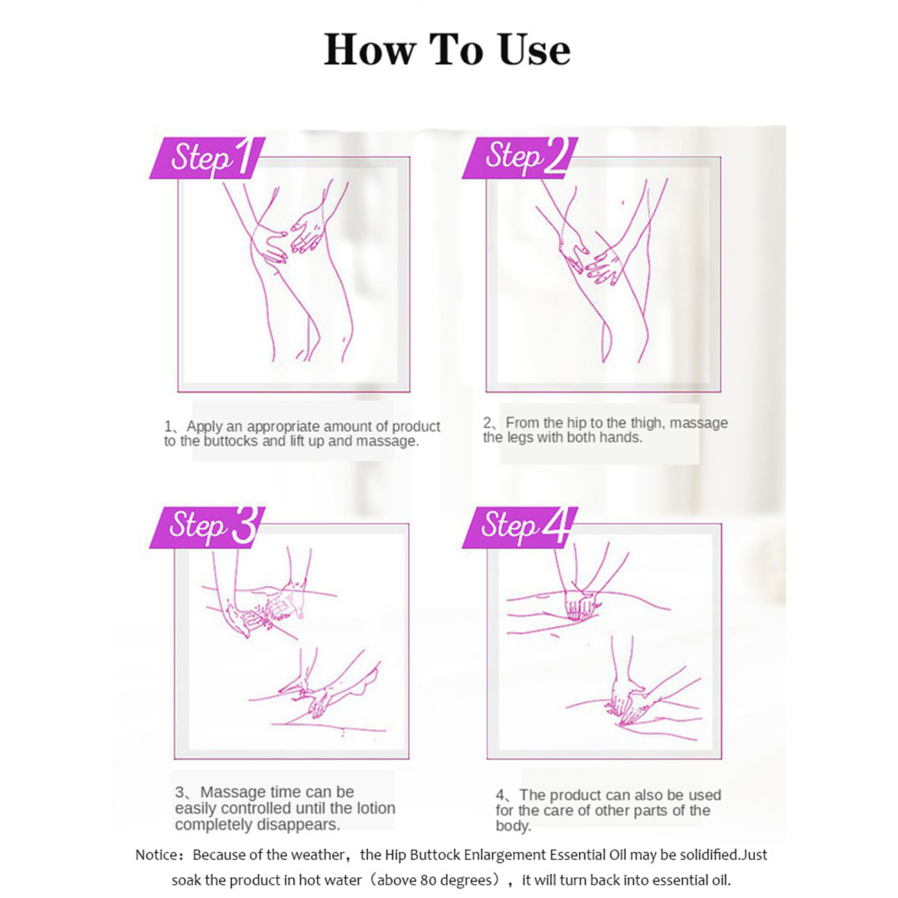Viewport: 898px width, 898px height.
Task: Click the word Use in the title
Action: pos(534,49)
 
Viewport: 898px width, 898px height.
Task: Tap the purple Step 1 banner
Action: pos(207,157)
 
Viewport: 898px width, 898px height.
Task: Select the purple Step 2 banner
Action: pos(519,157)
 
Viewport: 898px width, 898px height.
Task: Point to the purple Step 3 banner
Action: pos(207,527)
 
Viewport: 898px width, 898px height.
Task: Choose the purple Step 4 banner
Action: pos(519,527)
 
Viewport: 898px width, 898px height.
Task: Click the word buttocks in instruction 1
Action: pos(230,441)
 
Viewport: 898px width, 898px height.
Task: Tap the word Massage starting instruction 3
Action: pos(231,792)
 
